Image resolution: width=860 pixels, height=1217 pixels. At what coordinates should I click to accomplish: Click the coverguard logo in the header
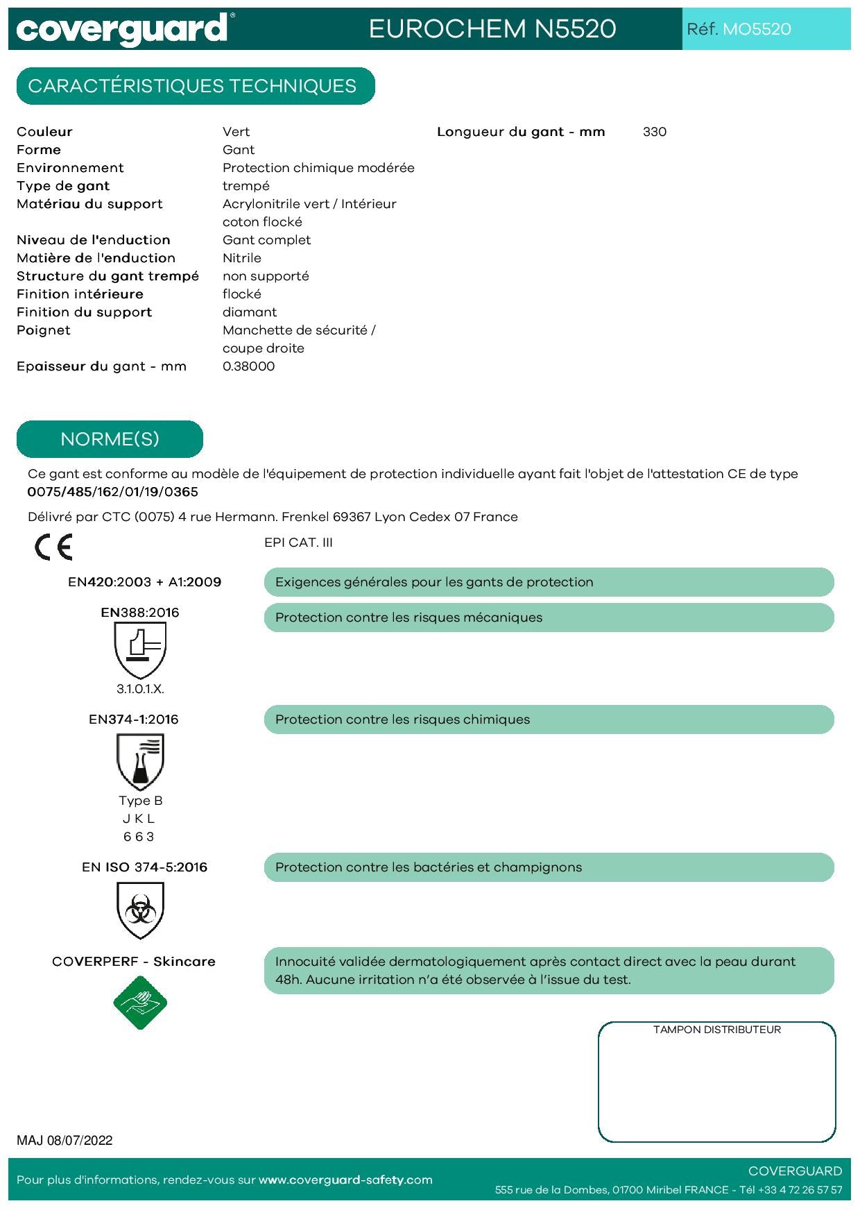pyautogui.click(x=122, y=29)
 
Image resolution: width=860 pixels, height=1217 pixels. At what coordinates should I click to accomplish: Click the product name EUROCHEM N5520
pyautogui.click(x=492, y=28)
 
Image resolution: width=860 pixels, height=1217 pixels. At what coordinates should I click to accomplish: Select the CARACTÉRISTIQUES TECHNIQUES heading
pyautogui.click(x=193, y=86)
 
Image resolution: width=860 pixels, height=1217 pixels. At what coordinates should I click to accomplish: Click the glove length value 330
pyautogui.click(x=654, y=132)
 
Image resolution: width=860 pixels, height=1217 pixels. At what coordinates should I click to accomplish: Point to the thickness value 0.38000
pyautogui.click(x=248, y=366)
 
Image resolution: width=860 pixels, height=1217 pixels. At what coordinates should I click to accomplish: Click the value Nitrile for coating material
pyautogui.click(x=241, y=258)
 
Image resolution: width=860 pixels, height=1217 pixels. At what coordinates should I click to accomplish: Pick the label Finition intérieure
pyautogui.click(x=80, y=294)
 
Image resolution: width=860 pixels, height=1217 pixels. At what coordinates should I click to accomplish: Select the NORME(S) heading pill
pyautogui.click(x=110, y=439)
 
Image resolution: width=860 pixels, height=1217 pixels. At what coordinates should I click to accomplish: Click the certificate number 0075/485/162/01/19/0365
pyautogui.click(x=112, y=492)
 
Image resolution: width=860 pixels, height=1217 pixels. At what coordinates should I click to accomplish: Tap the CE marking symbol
pyautogui.click(x=53, y=547)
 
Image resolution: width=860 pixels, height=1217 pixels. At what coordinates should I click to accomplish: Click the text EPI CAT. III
pyautogui.click(x=298, y=543)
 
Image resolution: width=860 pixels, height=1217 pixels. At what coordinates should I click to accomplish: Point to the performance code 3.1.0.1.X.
pyautogui.click(x=140, y=689)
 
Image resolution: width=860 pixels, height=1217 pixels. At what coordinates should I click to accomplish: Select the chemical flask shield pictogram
pyautogui.click(x=140, y=761)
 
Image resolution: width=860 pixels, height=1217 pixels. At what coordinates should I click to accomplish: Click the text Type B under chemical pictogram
pyautogui.click(x=140, y=801)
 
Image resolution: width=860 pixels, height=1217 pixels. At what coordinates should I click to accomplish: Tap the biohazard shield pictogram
pyautogui.click(x=140, y=910)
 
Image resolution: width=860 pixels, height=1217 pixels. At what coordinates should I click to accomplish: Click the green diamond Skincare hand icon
pyautogui.click(x=140, y=1003)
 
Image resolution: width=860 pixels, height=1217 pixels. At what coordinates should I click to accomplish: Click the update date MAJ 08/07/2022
pyautogui.click(x=64, y=1140)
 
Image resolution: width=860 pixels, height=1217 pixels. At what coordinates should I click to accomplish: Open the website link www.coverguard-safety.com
pyautogui.click(x=345, y=1180)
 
